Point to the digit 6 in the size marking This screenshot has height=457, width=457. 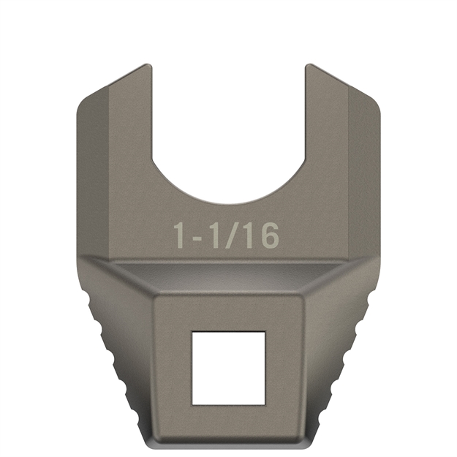pos(268,235)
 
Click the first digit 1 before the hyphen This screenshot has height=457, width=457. pos(179,235)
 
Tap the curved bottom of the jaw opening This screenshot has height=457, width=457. pos(228,202)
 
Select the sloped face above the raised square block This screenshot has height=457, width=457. pos(228,281)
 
